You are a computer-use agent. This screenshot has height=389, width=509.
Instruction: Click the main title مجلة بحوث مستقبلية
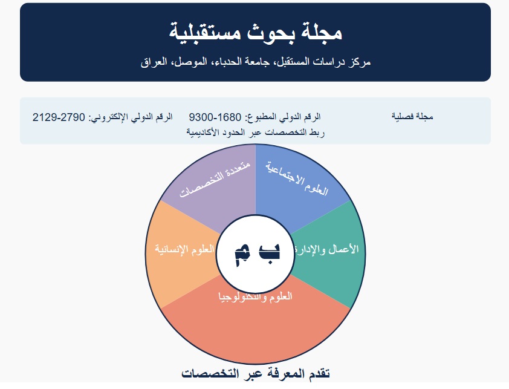(256, 32)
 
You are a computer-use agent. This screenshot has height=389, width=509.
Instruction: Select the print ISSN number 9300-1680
(215, 117)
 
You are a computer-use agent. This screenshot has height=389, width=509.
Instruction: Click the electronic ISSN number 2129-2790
(59, 117)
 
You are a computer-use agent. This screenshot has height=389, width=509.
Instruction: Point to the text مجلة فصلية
(412, 117)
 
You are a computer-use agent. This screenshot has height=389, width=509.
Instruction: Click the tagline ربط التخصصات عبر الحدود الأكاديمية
(256, 132)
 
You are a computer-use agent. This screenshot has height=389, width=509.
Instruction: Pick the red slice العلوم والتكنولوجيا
(256, 325)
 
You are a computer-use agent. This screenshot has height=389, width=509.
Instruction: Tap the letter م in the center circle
(242, 256)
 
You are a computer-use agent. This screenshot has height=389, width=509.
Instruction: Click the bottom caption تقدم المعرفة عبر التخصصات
(256, 374)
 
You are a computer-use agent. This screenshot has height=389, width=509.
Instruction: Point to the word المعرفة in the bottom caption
(282, 374)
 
